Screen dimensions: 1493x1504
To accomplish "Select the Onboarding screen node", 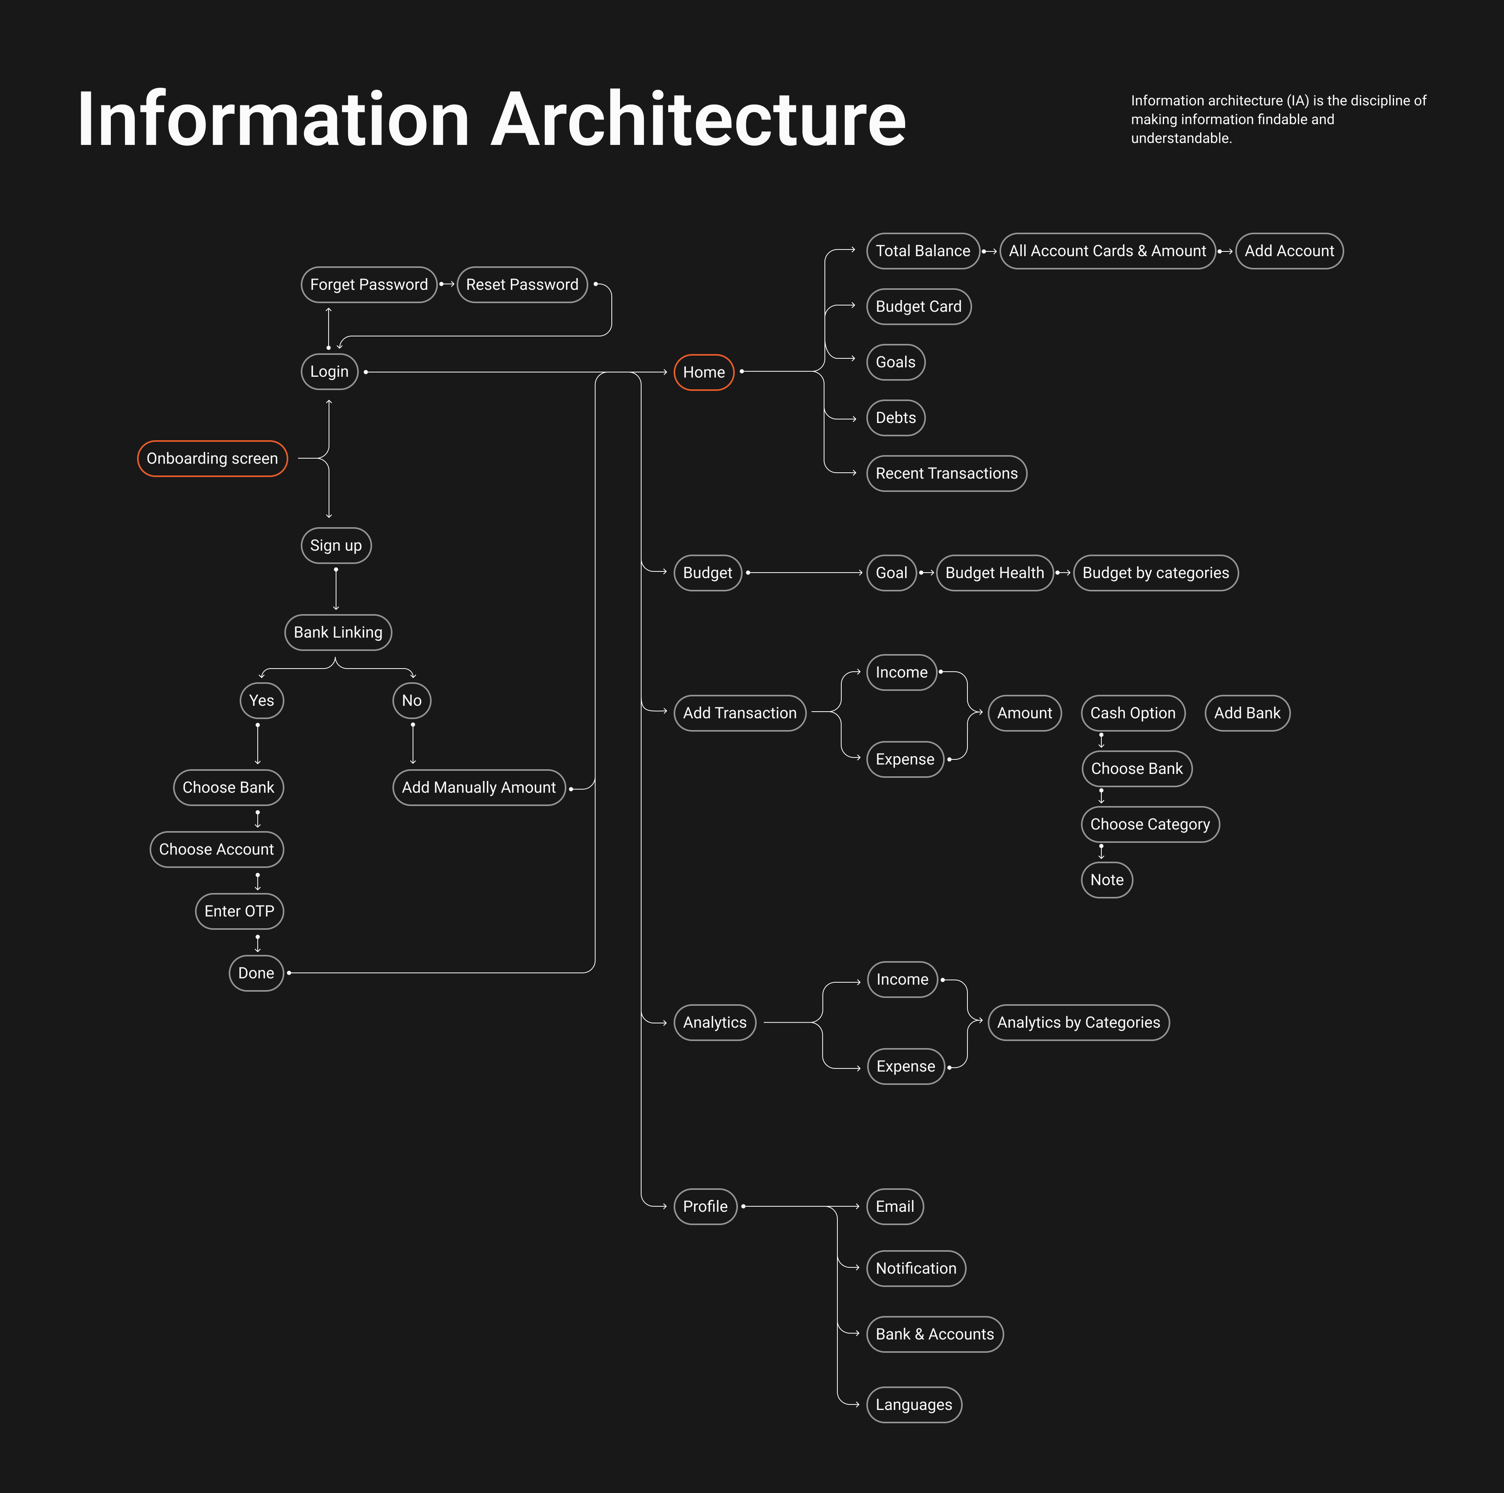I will click(212, 459).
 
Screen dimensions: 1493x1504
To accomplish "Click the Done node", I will click(256, 973).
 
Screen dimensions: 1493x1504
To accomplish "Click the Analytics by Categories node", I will click(1078, 1023).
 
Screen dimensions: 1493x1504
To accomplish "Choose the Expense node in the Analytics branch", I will click(906, 1066).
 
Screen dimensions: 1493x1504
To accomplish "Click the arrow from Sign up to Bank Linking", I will click(336, 589).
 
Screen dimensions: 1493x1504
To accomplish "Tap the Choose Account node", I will click(217, 849).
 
